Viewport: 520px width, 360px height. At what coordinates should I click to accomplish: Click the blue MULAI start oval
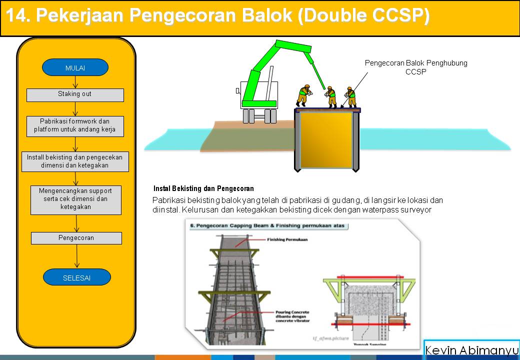click(75, 67)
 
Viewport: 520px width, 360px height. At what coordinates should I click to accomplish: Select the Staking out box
click(75, 94)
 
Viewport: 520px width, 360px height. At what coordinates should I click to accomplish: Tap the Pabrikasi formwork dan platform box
click(75, 125)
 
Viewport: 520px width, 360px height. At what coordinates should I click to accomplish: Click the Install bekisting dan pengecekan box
click(75, 161)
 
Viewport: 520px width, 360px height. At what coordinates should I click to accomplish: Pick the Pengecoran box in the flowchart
click(76, 238)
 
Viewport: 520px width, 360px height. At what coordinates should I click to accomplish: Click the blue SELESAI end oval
click(76, 277)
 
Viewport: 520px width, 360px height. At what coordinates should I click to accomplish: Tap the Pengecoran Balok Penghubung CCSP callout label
click(415, 67)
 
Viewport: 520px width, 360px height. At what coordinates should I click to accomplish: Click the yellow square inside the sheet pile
click(326, 139)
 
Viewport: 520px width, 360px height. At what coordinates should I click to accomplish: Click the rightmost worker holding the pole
click(351, 96)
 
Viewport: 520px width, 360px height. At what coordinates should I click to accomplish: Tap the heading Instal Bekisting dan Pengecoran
click(203, 189)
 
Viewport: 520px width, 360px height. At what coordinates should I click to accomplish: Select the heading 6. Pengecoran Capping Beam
click(268, 226)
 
